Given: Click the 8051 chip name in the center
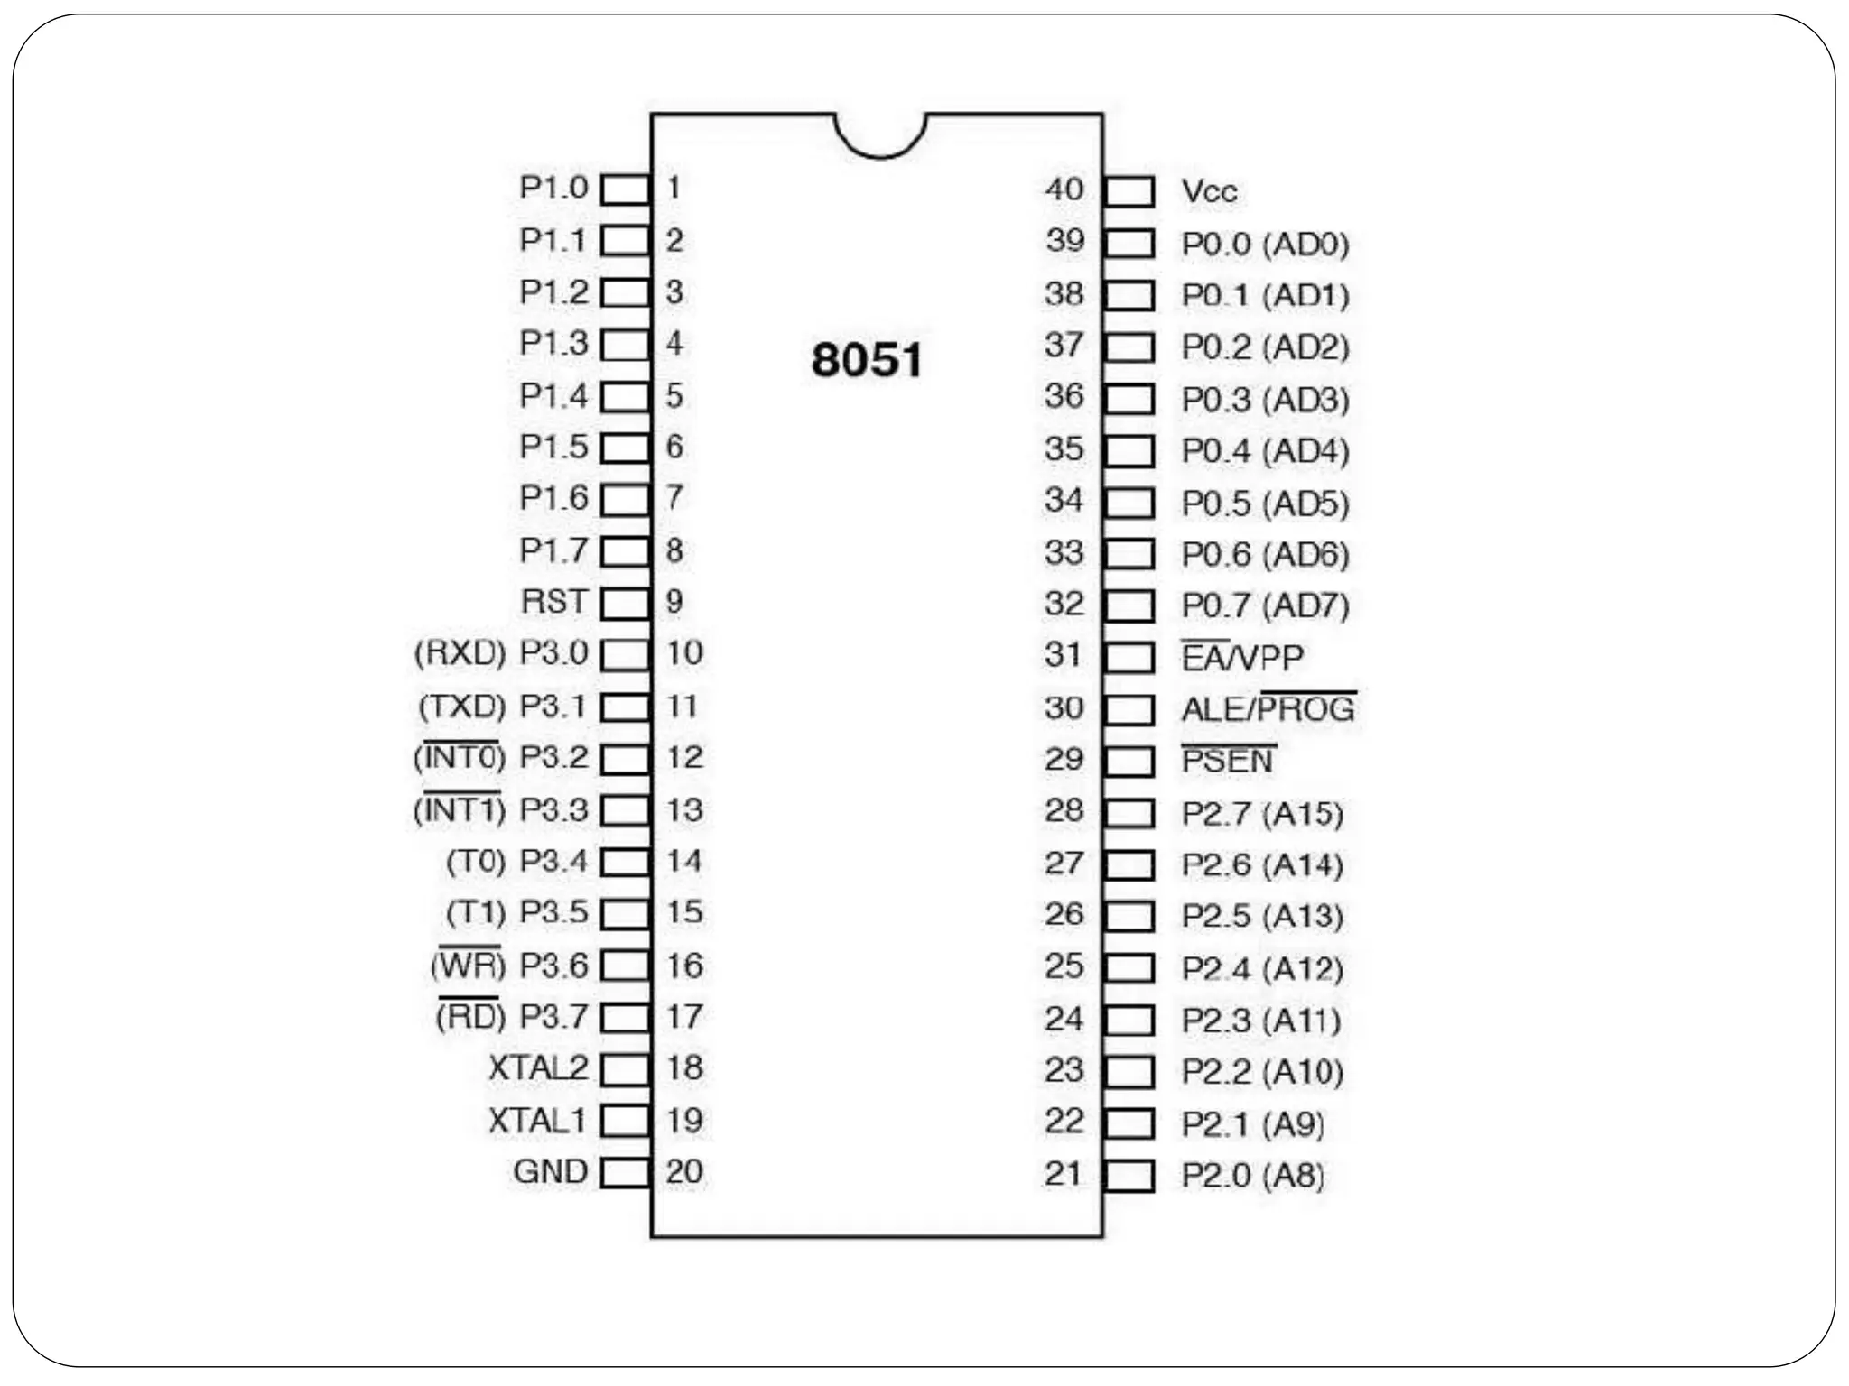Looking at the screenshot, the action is point(867,360).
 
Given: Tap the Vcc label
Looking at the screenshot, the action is point(1209,191).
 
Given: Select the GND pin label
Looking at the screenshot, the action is point(550,1171).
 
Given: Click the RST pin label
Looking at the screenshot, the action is point(553,602).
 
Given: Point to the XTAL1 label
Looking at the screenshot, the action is point(537,1121).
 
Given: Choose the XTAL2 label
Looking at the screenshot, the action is point(537,1068).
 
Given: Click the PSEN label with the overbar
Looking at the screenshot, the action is point(1228,761).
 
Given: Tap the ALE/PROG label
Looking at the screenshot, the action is point(1268,709).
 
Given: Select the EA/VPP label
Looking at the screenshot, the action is point(1242,658).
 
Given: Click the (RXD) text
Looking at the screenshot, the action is point(460,652).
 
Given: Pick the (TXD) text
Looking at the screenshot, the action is point(461,706).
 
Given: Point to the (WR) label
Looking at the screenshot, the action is point(468,966).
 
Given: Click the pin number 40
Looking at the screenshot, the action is point(1064,189).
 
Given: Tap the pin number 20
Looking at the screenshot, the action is point(684,1171).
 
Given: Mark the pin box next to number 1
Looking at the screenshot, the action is point(625,189).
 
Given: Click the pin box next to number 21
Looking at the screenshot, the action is point(1129,1175).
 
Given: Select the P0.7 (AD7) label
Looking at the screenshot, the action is point(1265,605).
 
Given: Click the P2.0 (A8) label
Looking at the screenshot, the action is point(1252,1175).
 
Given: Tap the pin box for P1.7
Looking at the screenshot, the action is point(625,551).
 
